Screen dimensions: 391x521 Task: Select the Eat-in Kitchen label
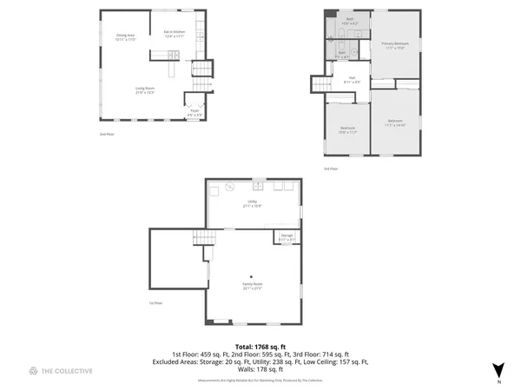point(175,33)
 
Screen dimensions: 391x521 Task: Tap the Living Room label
point(144,89)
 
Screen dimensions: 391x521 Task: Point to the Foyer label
point(195,112)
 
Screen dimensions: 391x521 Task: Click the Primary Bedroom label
point(394,44)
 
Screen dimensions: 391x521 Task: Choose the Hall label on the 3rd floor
point(353,80)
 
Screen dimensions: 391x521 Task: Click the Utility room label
point(253,203)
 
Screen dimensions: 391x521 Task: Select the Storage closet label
point(286,237)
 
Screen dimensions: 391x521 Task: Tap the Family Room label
point(252,286)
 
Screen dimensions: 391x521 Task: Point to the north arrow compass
point(498,370)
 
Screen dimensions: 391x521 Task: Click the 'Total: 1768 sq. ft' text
point(260,346)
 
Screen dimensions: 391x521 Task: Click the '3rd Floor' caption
point(330,168)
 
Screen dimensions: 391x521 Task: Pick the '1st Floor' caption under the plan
point(155,302)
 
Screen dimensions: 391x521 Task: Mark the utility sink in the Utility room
point(258,184)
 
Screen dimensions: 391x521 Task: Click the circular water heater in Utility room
point(231,185)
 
